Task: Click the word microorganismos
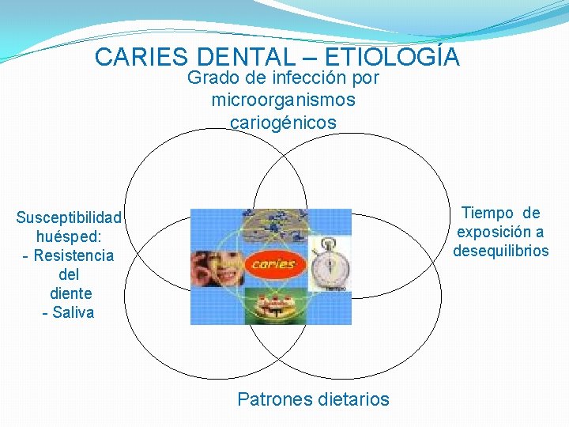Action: click(x=284, y=100)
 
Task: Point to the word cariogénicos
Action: click(x=284, y=123)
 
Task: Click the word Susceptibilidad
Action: click(x=69, y=217)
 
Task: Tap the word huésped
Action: click(x=69, y=236)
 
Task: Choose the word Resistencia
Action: click(x=73, y=255)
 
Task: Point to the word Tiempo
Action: click(x=487, y=213)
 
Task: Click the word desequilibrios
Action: click(x=500, y=251)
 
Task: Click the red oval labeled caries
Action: click(x=272, y=264)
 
